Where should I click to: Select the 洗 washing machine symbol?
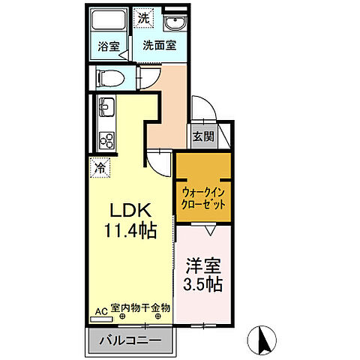tap(142, 16)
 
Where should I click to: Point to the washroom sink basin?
tap(175, 21)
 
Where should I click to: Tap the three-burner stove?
tap(105, 139)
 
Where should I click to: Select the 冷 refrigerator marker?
tap(99, 168)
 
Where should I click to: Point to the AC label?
tap(100, 308)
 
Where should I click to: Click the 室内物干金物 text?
tap(140, 308)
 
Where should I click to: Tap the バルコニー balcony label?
tap(131, 340)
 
